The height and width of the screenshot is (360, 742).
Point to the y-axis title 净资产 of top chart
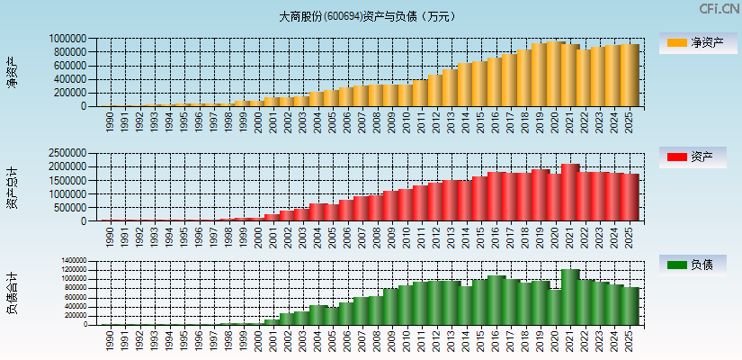13,72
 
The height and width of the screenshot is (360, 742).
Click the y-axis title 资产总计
13,187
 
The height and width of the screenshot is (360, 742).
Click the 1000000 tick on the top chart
68,39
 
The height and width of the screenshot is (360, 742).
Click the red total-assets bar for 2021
569,192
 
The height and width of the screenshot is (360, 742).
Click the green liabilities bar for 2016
496,300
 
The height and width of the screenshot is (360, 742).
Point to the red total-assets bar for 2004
317,212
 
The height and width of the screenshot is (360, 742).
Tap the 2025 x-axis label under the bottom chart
630,340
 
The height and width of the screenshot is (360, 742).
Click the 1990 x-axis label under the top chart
110,121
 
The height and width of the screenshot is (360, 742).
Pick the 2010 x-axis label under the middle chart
407,237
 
